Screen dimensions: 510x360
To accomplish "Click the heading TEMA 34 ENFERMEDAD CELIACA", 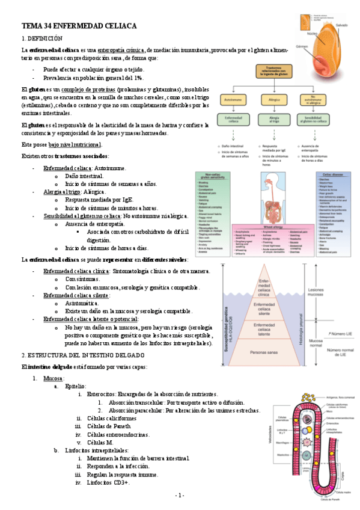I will pos(79,26).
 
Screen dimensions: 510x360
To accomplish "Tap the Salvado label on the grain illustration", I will pos(342,25).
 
